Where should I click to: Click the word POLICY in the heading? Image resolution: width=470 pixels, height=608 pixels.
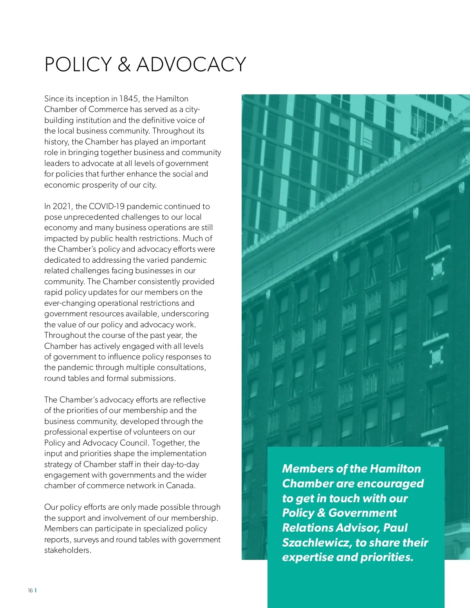click(x=78, y=65)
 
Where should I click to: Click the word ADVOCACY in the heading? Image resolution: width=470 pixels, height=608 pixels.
click(x=191, y=65)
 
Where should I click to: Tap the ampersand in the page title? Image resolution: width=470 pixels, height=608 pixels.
click(x=124, y=65)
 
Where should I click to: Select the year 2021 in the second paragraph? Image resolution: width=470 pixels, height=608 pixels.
click(x=62, y=206)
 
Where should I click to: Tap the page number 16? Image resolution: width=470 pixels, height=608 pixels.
click(x=30, y=591)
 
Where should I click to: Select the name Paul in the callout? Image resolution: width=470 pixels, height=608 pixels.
click(x=395, y=528)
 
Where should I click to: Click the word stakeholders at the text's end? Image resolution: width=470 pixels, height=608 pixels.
click(x=67, y=550)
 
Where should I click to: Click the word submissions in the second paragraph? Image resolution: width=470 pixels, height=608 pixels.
click(x=153, y=379)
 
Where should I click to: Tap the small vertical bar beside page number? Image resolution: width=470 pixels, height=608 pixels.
click(x=36, y=590)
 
